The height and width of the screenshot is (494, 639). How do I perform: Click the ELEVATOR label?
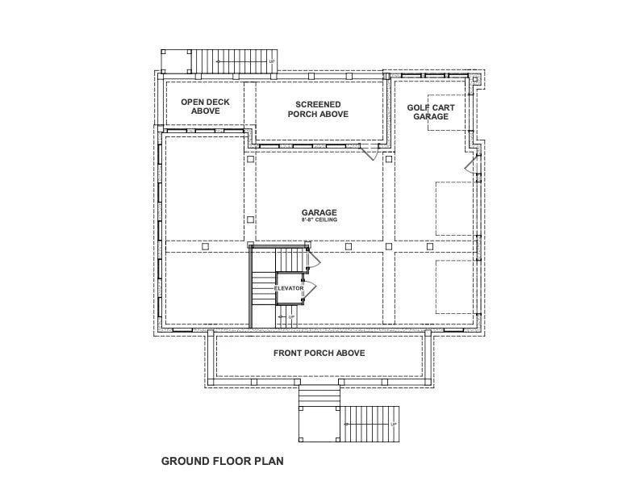click(x=289, y=287)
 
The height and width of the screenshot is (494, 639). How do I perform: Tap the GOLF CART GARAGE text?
click(x=430, y=111)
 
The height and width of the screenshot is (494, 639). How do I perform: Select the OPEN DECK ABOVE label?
click(x=205, y=107)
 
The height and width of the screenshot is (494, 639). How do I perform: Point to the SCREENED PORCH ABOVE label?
click(x=318, y=109)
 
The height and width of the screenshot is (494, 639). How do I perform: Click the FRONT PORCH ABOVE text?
click(x=319, y=354)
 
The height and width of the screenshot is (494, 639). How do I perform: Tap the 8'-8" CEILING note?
click(x=319, y=220)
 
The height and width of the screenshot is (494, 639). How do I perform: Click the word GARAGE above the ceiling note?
click(x=319, y=212)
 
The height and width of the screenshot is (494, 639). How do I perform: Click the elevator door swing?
click(x=310, y=288)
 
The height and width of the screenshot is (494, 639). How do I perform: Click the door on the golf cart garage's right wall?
click(x=470, y=166)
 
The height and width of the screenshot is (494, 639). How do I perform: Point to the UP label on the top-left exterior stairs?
click(x=272, y=61)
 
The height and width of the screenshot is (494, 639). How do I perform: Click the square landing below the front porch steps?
click(x=319, y=424)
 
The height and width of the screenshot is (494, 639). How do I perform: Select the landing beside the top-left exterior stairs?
click(x=175, y=61)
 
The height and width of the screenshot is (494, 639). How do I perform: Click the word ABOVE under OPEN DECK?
click(x=205, y=111)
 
